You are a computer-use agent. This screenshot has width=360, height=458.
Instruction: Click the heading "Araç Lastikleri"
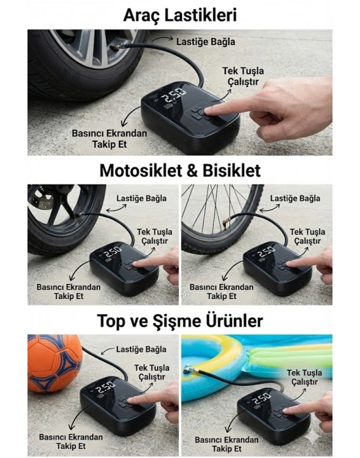pos(180,15)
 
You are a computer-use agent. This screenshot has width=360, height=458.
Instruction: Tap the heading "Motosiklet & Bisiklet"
pos(180,171)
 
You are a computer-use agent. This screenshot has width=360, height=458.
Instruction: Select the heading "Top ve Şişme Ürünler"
pos(180,321)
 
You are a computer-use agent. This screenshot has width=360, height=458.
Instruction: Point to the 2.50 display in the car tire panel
pos(175,94)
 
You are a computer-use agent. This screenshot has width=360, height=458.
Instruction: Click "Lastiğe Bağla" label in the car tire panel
pos(206,42)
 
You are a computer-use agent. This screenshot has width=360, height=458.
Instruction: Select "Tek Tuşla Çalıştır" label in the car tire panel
pos(243,76)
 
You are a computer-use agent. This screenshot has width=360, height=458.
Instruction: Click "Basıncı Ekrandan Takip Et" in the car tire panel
pos(109,139)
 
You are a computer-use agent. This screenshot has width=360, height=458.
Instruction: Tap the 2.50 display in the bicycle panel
pos(266,252)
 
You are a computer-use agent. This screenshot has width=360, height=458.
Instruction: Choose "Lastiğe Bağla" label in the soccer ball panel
pos(141,349)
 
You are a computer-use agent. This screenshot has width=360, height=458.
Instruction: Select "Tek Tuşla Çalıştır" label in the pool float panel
pos(304,377)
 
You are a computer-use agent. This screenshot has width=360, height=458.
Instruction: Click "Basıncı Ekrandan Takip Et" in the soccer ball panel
pos(71,442)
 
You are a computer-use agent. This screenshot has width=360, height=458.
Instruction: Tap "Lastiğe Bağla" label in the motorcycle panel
pos(141,198)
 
